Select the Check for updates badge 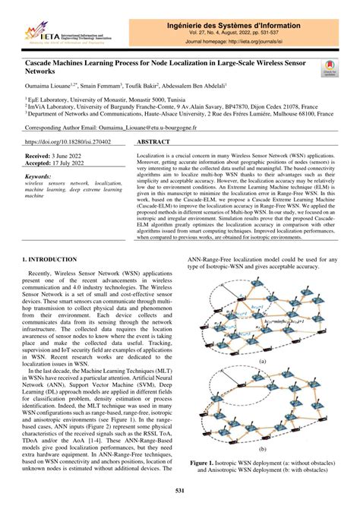pos(330,69)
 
